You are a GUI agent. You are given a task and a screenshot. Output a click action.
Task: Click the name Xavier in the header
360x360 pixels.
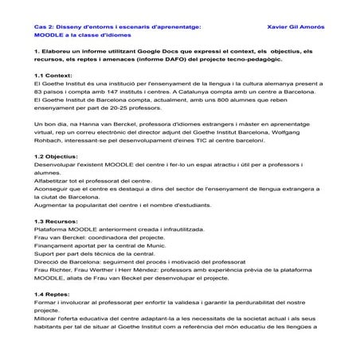coord(273,26)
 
